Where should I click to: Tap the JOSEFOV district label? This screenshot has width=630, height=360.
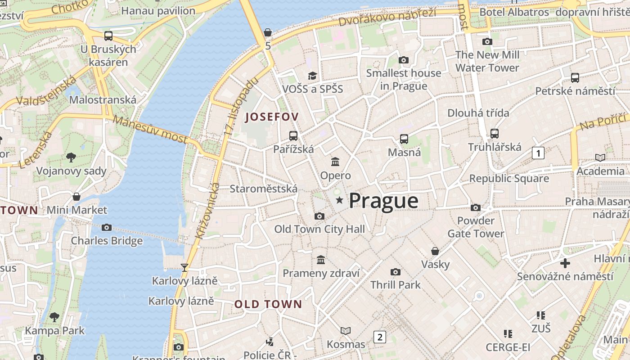tap(271, 117)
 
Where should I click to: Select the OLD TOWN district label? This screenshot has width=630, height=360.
tap(268, 304)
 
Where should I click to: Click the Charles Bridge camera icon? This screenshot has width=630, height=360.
tap(107, 228)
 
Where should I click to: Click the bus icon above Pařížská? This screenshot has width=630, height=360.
tap(293, 135)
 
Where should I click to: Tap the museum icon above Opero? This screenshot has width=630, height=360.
tap(335, 162)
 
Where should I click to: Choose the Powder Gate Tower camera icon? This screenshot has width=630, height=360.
tap(476, 207)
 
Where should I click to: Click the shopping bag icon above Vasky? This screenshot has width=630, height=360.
tap(435, 251)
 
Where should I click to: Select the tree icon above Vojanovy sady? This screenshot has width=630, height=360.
tap(71, 157)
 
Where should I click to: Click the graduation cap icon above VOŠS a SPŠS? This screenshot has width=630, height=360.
tap(312, 76)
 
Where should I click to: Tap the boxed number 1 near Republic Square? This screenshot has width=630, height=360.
tap(538, 153)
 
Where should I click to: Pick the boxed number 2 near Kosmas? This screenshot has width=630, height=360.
tap(380, 337)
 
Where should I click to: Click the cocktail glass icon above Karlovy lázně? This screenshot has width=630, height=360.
tap(184, 268)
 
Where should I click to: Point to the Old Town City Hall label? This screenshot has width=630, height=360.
tap(319, 229)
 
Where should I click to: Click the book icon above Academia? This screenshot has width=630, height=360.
tap(600, 157)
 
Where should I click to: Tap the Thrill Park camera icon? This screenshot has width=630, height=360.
tap(396, 272)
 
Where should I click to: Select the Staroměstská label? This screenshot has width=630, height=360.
tap(263, 189)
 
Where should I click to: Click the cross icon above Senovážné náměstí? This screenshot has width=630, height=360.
tap(565, 263)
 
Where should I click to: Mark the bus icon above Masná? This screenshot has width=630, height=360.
tap(404, 139)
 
